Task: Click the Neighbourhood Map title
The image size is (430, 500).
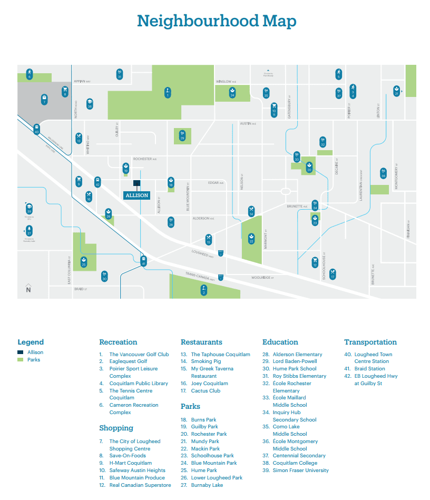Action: [x=216, y=21]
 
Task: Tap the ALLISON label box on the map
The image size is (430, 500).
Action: [x=136, y=195]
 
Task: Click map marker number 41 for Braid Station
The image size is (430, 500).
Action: [x=143, y=260]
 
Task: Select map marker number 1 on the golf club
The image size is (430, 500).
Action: [x=168, y=92]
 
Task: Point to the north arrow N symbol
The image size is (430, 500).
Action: [x=28, y=289]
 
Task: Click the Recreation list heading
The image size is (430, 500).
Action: [x=118, y=342]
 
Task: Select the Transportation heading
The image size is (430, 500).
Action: [x=370, y=342]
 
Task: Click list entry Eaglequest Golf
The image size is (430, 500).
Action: [x=128, y=361]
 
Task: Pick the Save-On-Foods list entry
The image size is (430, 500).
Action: [x=128, y=456]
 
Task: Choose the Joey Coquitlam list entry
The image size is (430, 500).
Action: [x=209, y=384]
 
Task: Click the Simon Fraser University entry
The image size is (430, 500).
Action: [x=300, y=470]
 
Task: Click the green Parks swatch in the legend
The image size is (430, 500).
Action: [x=21, y=360]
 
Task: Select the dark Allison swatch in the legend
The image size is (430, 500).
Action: [x=21, y=352]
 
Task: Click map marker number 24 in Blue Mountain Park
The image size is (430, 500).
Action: [x=232, y=92]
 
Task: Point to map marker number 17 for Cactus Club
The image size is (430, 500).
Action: [x=333, y=274]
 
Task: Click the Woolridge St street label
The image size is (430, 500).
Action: [x=262, y=277]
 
